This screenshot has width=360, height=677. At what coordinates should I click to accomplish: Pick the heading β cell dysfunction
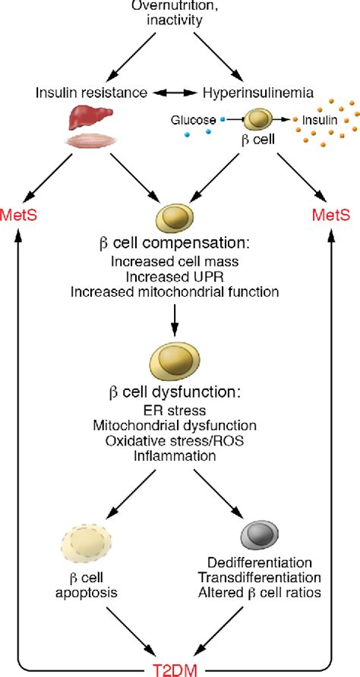[x=180, y=395]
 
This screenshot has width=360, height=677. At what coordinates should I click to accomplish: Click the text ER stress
[x=180, y=411]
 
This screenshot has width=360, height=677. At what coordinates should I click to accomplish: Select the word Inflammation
[x=180, y=456]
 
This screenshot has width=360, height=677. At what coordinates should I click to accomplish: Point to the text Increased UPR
[x=180, y=276]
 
